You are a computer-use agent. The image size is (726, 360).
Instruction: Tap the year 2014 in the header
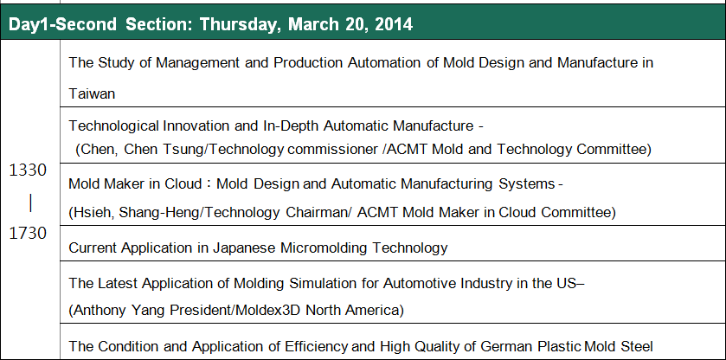point(394,24)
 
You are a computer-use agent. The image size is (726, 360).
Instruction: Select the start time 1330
point(28,170)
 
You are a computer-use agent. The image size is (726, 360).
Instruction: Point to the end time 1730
point(28,233)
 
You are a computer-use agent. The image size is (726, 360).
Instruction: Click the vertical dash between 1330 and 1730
point(30,202)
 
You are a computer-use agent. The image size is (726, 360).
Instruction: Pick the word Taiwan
point(92,94)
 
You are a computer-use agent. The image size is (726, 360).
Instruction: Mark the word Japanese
point(243,247)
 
